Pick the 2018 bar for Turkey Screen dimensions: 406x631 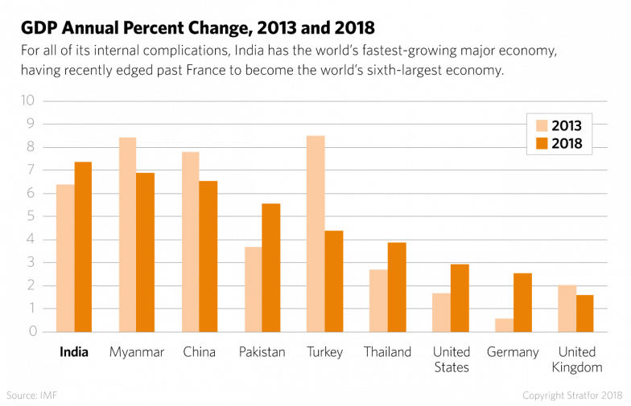(334, 281)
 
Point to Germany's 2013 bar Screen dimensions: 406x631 (503, 324)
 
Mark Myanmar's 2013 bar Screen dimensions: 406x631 (127, 234)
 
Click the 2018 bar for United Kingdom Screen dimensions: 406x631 (585, 313)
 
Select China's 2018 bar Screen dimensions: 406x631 (208, 256)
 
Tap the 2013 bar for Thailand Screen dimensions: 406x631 (378, 300)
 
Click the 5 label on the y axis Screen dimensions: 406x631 (32, 215)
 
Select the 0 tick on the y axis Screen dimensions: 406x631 (32, 331)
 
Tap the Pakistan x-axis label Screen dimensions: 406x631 (262, 352)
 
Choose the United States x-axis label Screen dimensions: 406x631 (451, 359)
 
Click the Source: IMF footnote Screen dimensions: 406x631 (32, 396)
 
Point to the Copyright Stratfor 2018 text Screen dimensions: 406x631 (571, 396)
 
